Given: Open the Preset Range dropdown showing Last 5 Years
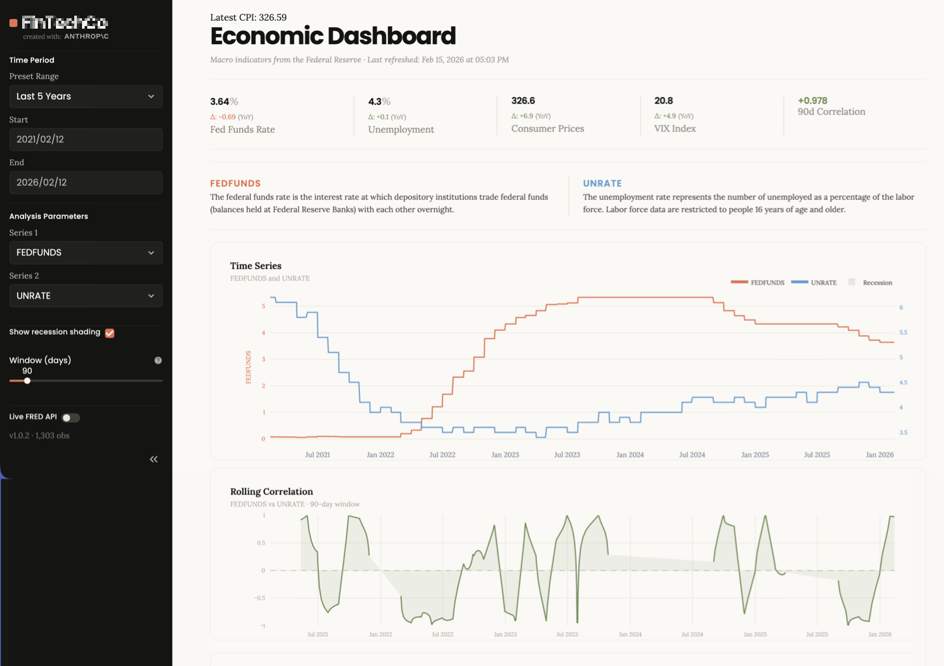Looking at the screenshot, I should (x=85, y=96).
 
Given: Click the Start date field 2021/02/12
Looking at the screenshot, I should (x=85, y=139).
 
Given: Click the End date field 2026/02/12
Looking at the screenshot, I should (x=85, y=182).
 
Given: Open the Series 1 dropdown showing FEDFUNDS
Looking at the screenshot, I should (x=85, y=253).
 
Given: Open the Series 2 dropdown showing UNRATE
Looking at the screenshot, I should (x=85, y=296).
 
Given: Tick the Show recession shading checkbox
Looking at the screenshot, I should (x=110, y=333).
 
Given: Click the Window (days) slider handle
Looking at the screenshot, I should (x=27, y=381).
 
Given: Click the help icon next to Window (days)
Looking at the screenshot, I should (x=158, y=360).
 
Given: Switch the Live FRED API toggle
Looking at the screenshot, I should (x=70, y=418).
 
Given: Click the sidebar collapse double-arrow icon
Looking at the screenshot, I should (x=154, y=459).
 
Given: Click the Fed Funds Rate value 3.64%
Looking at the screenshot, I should (x=223, y=102).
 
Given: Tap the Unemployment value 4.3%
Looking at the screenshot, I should (x=379, y=102).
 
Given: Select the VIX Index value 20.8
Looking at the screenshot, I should (x=663, y=101).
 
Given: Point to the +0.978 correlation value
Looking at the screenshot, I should (x=812, y=101).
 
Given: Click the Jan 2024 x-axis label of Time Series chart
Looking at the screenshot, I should (x=630, y=455).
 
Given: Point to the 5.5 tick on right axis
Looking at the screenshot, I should (x=903, y=332).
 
